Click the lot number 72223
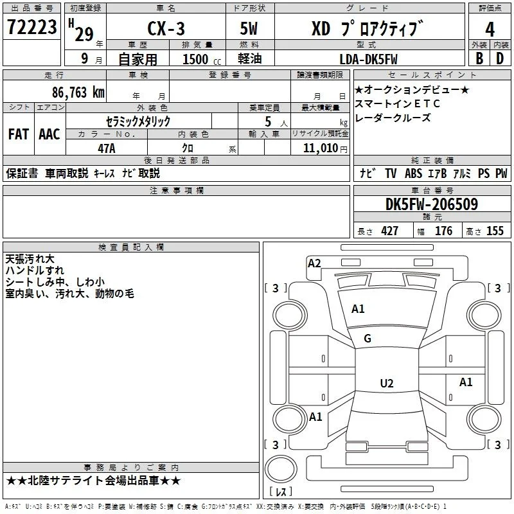click(x=31, y=27)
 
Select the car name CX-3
click(x=166, y=28)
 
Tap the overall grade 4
click(x=490, y=30)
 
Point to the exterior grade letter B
click(x=479, y=58)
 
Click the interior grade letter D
click(x=500, y=58)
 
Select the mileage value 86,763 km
click(x=78, y=93)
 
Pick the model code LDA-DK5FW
click(x=368, y=59)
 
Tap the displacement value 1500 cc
click(x=202, y=59)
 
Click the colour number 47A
click(x=107, y=148)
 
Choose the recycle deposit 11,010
click(x=321, y=148)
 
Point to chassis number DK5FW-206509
click(x=431, y=204)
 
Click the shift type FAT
click(x=19, y=134)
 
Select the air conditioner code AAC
click(x=49, y=134)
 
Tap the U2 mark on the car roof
click(x=387, y=383)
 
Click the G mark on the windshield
click(x=368, y=339)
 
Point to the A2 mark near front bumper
click(x=314, y=263)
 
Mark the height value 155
click(x=495, y=231)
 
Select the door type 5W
click(x=249, y=28)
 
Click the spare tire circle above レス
click(x=281, y=469)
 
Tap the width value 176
click(x=443, y=231)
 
